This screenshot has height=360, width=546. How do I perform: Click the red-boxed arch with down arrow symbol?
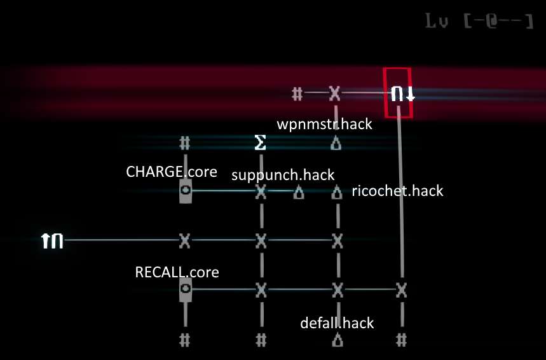pyautogui.click(x=400, y=94)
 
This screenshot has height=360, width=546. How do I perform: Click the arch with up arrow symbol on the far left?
pyautogui.click(x=53, y=240)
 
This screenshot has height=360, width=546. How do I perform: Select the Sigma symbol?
pyautogui.click(x=260, y=143)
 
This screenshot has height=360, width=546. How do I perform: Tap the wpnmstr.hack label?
pyautogui.click(x=324, y=123)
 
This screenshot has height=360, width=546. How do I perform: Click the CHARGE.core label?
pyautogui.click(x=172, y=172)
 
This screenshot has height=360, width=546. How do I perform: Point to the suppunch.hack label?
pyautogui.click(x=283, y=175)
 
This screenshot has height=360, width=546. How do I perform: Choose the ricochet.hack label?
pyautogui.click(x=397, y=191)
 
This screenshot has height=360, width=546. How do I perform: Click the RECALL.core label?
pyautogui.click(x=177, y=272)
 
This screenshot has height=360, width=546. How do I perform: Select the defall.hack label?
pyautogui.click(x=337, y=323)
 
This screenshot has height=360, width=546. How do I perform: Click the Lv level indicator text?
pyautogui.click(x=479, y=22)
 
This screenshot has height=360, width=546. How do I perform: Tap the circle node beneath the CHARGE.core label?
pyautogui.click(x=185, y=190)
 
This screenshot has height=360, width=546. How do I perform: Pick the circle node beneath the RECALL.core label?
pyautogui.click(x=185, y=291)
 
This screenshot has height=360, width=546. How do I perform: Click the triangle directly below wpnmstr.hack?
pyautogui.click(x=336, y=144)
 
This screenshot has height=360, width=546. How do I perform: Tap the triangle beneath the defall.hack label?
pyautogui.click(x=338, y=340)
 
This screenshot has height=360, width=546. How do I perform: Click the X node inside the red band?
pyautogui.click(x=335, y=94)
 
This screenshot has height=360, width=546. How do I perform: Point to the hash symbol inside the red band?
pyautogui.click(x=297, y=94)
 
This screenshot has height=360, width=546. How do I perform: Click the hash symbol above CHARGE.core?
pyautogui.click(x=184, y=143)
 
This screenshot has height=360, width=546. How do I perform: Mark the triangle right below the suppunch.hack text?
pyautogui.click(x=298, y=191)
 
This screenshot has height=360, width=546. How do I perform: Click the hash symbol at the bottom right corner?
pyautogui.click(x=400, y=340)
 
